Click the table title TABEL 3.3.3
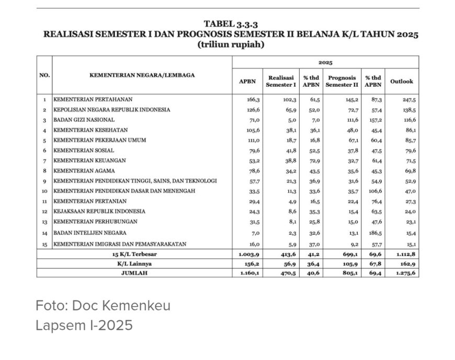point(231,24)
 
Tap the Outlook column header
point(401,82)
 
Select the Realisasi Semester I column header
point(281,81)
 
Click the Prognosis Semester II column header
point(342,81)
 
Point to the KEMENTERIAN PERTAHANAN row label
point(93,99)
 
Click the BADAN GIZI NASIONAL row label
point(84,120)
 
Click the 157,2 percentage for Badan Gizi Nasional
point(373,120)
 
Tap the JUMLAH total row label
point(134,273)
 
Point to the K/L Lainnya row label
point(134,264)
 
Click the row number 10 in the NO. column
point(45,191)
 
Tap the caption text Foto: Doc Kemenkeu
point(103,306)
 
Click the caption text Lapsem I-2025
point(84,326)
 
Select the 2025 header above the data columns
point(325,62)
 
